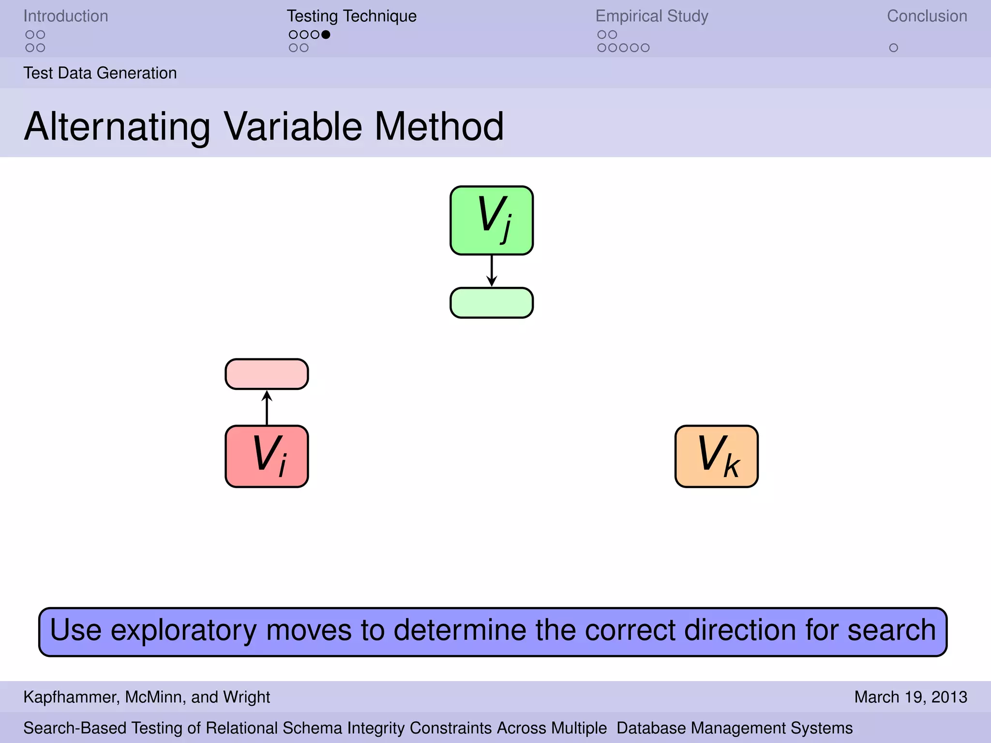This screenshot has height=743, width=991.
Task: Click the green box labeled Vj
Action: [x=492, y=220]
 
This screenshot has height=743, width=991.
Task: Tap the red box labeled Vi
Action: [x=267, y=456]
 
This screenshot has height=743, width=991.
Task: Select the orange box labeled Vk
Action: [x=716, y=456]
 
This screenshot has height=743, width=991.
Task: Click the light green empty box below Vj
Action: [x=492, y=303]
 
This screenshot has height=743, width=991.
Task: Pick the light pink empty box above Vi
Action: [x=267, y=374]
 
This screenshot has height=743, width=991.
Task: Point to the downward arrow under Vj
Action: [x=492, y=271]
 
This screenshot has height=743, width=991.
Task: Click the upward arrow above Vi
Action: [x=267, y=407]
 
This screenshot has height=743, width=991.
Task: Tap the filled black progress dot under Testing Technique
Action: [x=326, y=34]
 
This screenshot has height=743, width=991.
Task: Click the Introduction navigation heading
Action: [x=66, y=16]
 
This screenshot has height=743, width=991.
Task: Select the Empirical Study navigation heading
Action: [x=651, y=16]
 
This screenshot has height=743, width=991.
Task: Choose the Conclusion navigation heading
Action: [x=927, y=16]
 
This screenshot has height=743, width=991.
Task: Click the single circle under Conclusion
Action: [x=893, y=48]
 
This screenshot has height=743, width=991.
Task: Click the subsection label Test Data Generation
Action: [x=100, y=73]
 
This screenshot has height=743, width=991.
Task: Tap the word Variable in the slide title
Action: [x=293, y=127]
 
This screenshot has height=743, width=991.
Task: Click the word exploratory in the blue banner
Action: [x=184, y=631]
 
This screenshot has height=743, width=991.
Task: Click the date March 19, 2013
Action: [x=910, y=697]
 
